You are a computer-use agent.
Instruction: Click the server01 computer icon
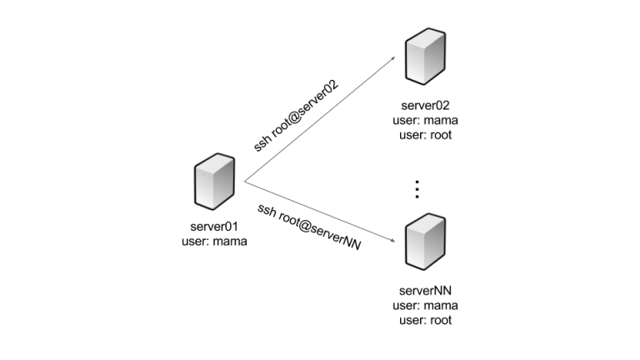coord(213,181)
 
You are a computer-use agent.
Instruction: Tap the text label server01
coord(213,227)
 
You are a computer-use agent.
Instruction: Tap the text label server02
coord(425,106)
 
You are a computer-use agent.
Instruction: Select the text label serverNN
coord(425,292)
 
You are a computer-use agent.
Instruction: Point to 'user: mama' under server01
coord(213,242)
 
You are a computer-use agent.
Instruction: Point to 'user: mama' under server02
coord(425,120)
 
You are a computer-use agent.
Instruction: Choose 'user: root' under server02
coord(425,134)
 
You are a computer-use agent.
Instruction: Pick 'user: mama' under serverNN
coord(425,306)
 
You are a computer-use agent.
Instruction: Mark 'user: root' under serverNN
coord(425,320)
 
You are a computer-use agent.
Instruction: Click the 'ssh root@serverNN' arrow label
coord(308,227)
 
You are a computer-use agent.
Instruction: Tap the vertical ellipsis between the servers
coord(417,189)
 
